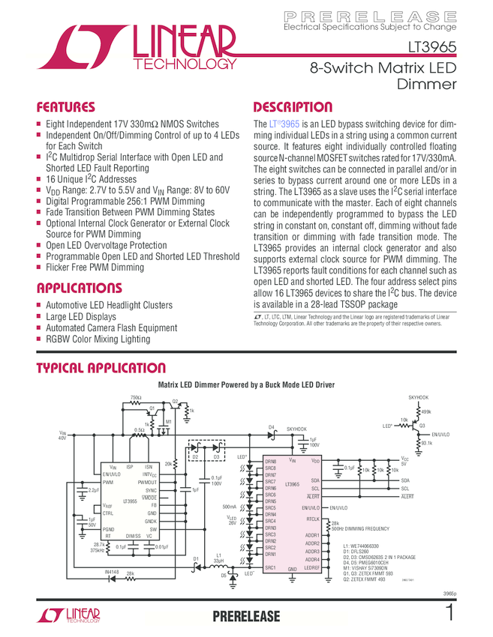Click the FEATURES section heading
(x=66, y=107)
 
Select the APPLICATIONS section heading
(x=79, y=289)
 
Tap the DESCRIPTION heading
(x=293, y=107)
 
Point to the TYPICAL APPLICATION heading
(x=101, y=368)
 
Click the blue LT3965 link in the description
(x=284, y=124)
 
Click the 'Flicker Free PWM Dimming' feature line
(x=95, y=267)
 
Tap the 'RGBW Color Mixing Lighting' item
(x=98, y=339)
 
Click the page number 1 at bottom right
(x=449, y=612)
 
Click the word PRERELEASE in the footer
(x=246, y=616)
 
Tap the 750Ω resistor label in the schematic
(x=136, y=398)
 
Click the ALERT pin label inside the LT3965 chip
(x=312, y=496)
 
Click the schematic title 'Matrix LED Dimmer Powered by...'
(x=245, y=384)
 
